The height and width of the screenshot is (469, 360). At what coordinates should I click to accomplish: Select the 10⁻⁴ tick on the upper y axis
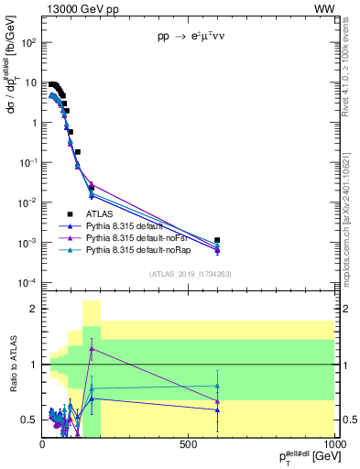(29, 282)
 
